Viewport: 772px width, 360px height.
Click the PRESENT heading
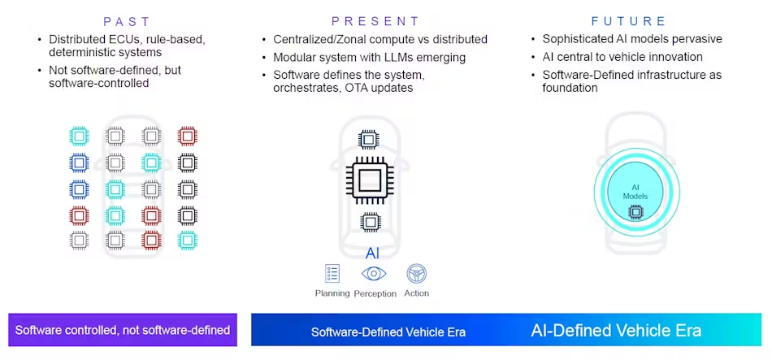[x=375, y=21]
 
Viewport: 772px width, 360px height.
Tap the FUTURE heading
[x=629, y=21]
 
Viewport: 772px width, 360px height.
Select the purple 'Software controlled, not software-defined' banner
[x=123, y=331]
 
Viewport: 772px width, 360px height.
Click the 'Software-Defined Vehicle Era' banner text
[x=388, y=332]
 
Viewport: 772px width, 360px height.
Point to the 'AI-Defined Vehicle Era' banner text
[x=616, y=331]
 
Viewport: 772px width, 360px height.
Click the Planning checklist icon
[x=332, y=273]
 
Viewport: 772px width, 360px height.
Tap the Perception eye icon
[x=374, y=273]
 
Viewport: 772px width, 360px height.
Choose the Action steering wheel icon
[x=416, y=273]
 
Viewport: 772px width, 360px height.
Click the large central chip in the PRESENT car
[x=370, y=180]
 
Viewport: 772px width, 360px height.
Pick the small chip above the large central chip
[x=369, y=139]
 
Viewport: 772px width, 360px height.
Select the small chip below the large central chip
[x=370, y=221]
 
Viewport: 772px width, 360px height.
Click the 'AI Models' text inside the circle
[x=635, y=192]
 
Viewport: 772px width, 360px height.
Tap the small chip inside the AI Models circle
[x=635, y=212]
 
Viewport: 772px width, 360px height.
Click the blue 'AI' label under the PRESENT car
[x=372, y=253]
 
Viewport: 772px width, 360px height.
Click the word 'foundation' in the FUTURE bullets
[x=570, y=88]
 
